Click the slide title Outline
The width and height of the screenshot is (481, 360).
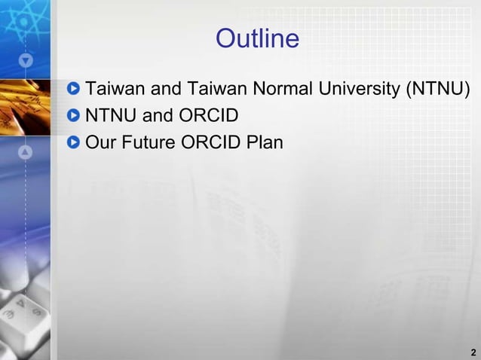point(257,38)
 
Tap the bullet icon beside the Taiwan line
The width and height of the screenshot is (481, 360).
point(73,90)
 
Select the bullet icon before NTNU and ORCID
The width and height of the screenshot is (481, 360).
point(73,116)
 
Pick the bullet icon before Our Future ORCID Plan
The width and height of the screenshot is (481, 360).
point(73,142)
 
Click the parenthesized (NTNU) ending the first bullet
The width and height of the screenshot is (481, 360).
point(438,90)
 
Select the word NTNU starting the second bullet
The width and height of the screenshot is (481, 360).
point(106,116)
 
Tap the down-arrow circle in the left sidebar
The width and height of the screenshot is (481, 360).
point(26,59)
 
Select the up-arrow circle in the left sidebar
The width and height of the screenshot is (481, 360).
point(26,152)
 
